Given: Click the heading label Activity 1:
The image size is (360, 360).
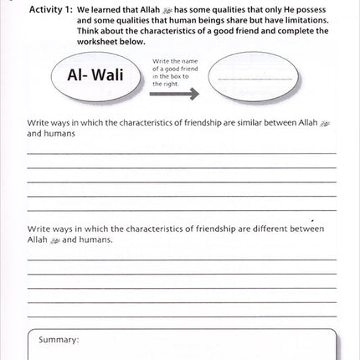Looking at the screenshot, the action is pos(53,8).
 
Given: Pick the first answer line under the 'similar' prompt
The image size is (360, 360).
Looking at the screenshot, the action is pos(182,153).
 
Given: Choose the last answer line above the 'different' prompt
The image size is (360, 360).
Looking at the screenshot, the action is pos(182,208).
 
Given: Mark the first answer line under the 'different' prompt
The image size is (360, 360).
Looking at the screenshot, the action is pos(182,259).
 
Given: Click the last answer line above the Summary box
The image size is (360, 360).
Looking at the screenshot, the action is pos(182,316).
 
